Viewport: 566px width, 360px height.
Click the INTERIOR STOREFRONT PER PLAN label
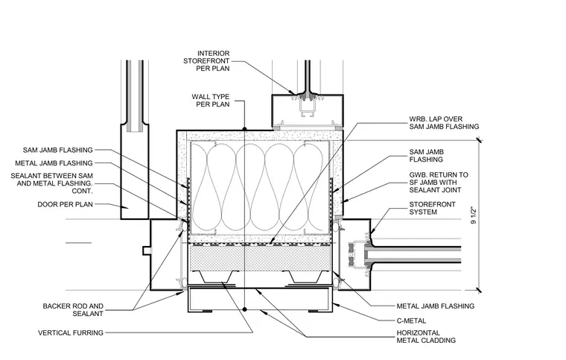tap(206, 61)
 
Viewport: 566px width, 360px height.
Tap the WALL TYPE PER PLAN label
tap(211, 101)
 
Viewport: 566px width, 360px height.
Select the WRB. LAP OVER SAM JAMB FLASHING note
tap(444, 123)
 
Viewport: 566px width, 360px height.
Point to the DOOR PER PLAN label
tap(66, 204)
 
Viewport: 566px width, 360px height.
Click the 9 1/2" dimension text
tap(474, 215)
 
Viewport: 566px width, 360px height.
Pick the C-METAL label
tap(411, 320)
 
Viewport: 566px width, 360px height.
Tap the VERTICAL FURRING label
tap(71, 332)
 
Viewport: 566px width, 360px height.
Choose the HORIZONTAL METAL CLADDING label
tap(426, 337)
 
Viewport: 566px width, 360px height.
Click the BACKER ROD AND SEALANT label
tap(73, 310)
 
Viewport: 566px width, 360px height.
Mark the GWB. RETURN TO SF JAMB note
tap(439, 183)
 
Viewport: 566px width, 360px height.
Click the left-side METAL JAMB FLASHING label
tap(54, 163)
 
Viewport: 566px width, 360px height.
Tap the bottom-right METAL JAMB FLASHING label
tap(436, 306)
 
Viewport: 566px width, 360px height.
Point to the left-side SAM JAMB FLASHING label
tap(58, 150)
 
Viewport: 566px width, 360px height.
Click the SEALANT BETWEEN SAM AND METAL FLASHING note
tap(51, 183)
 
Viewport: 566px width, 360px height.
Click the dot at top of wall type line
tap(244, 129)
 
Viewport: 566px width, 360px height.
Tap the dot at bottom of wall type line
tap(244, 309)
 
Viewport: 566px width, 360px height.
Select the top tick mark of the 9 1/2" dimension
tap(479, 140)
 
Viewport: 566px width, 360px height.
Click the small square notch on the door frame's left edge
tap(146, 250)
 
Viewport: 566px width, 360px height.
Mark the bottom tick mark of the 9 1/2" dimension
tap(479, 290)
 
